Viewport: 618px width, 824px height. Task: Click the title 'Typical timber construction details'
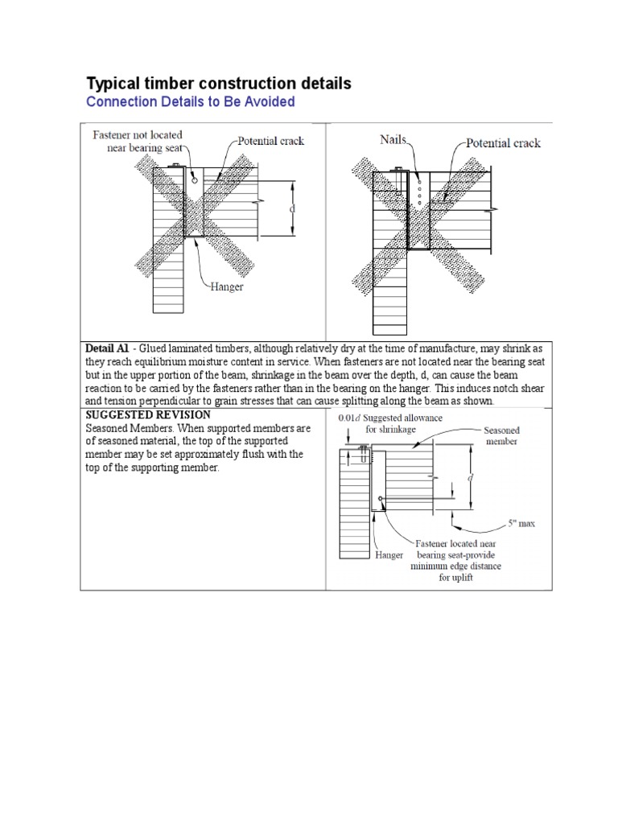click(218, 84)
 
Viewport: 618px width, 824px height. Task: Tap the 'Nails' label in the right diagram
click(393, 140)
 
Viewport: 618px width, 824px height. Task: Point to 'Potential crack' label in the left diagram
click(270, 141)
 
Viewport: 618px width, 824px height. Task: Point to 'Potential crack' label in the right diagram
click(503, 143)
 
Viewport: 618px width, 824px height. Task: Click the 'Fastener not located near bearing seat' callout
click(138, 141)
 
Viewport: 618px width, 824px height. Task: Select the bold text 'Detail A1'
click(107, 349)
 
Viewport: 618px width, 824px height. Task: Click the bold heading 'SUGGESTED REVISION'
click(148, 414)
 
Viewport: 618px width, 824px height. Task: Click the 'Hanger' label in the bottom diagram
click(389, 555)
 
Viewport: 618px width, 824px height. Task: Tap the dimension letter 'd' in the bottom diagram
click(471, 477)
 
